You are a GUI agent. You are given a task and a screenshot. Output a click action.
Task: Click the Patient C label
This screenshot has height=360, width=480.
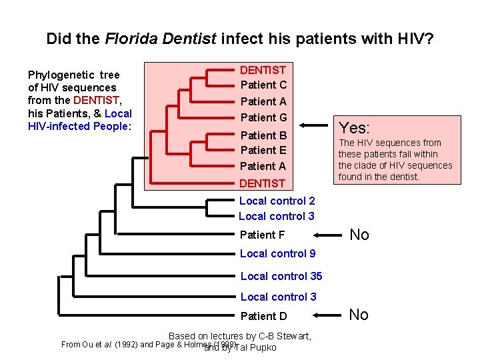(263, 85)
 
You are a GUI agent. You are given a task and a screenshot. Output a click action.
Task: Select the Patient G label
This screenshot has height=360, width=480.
(263, 117)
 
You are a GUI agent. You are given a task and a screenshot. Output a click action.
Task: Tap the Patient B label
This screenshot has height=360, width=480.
(263, 135)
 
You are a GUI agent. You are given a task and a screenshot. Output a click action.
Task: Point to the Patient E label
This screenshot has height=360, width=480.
(263, 150)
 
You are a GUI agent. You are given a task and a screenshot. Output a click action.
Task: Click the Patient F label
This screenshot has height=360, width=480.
(262, 235)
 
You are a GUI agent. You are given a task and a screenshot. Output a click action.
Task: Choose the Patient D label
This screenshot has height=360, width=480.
(263, 316)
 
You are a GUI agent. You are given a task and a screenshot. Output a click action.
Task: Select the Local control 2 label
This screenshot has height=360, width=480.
(277, 201)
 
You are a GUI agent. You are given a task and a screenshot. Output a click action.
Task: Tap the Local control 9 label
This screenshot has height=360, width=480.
(277, 253)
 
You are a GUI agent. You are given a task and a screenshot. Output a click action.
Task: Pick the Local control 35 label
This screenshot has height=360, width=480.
(281, 276)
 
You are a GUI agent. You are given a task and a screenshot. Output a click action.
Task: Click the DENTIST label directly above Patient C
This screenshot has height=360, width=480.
(263, 70)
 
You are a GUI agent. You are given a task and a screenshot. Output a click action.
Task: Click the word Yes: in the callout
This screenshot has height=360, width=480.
(355, 127)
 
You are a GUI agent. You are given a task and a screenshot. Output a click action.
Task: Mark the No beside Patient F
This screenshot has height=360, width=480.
(359, 235)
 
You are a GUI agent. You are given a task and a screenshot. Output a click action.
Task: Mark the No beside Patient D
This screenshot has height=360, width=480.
(359, 315)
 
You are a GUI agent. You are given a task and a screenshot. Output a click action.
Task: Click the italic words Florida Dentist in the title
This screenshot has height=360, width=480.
(161, 39)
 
